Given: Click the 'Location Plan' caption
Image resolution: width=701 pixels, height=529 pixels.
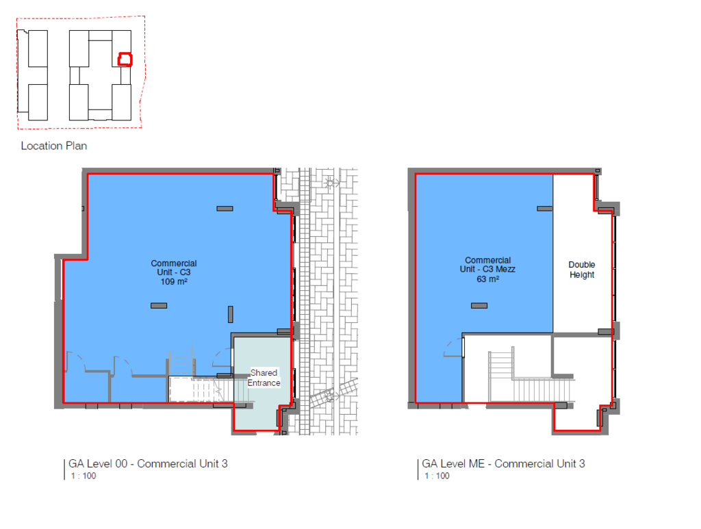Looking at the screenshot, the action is pos(53,146).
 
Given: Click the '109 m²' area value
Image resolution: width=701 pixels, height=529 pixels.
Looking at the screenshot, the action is pos(174,281).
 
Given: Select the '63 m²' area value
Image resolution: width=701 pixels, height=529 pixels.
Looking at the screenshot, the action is pos(487,279).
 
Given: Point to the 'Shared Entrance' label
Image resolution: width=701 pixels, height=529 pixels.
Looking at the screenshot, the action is pos(264,378).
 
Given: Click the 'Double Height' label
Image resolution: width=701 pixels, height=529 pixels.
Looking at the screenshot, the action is pos(582,270).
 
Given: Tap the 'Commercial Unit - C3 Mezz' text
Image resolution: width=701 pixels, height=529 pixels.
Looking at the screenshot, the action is pos(487,264).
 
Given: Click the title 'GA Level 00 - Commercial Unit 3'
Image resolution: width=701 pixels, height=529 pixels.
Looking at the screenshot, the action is pos(148,464).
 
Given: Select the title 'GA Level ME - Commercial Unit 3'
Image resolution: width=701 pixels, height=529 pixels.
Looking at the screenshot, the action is pos(503,464).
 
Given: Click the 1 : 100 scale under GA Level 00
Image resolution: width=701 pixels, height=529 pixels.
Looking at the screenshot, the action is pos(83,476).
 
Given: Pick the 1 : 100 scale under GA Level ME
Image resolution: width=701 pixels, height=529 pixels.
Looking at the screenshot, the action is pos(437,476).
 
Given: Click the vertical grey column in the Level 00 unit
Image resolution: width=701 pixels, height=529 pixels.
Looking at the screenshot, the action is pos(230,314).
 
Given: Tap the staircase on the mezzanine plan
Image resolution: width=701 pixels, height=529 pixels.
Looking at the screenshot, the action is pos(531,376).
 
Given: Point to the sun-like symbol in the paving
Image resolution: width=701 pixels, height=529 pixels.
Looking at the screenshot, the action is pos(331,183).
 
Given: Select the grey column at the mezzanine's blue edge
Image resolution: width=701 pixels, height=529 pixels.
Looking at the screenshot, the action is pos(544,209).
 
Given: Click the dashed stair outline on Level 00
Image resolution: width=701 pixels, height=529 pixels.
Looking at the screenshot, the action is pos(201,389).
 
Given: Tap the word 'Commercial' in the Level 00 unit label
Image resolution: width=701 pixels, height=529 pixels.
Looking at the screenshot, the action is pos(173,263).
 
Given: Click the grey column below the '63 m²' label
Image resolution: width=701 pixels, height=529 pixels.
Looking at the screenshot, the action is pos(479,306).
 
